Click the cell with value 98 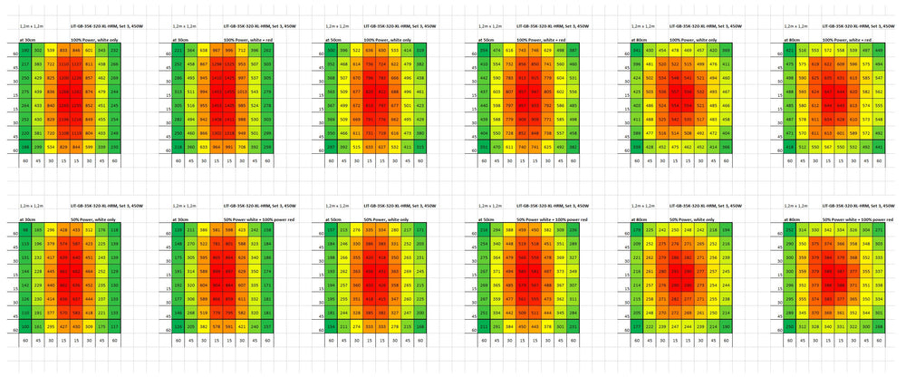pos(24,230)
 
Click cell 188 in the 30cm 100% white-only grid pos(24,145)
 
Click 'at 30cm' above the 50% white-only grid pos(28,219)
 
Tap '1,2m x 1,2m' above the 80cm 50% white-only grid pos(641,207)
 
